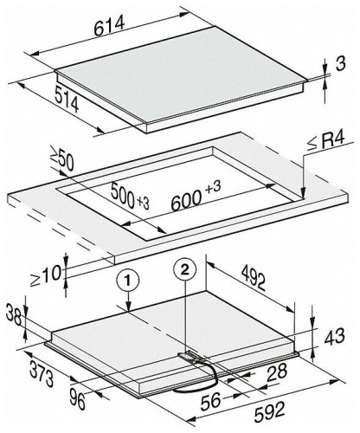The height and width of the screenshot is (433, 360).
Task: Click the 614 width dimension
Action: click(x=109, y=25)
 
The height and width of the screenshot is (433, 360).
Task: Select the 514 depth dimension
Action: click(x=67, y=99)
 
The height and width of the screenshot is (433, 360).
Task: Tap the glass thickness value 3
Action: click(x=340, y=64)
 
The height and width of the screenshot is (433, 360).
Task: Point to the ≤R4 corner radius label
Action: click(x=325, y=141)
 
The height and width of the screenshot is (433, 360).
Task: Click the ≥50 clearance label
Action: click(x=62, y=159)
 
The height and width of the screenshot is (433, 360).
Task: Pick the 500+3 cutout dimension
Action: click(x=130, y=197)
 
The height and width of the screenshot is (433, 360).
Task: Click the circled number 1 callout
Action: click(x=128, y=281)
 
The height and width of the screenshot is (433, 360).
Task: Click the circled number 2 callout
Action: click(x=185, y=269)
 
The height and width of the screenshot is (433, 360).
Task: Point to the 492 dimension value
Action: click(x=254, y=277)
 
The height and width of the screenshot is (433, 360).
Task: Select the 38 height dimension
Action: click(x=14, y=315)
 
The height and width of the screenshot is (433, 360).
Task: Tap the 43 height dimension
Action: click(x=334, y=337)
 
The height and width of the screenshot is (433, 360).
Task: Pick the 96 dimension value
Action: click(x=77, y=400)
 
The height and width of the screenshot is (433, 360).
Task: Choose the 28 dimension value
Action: click(x=277, y=372)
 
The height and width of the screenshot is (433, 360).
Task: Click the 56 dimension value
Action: click(x=211, y=401)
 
